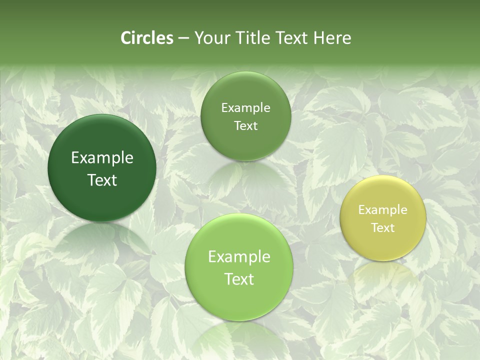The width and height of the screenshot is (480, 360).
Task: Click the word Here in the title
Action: click(x=332, y=38)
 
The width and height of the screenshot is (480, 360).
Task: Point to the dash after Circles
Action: click(x=183, y=38)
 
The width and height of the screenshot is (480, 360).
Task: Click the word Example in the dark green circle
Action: click(x=102, y=158)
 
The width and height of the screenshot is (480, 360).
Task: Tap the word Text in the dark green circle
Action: click(x=102, y=180)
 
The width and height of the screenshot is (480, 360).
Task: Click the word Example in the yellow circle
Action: click(x=383, y=210)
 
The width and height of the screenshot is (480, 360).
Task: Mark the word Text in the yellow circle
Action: click(x=383, y=228)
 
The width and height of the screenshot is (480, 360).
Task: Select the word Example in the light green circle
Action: click(x=239, y=257)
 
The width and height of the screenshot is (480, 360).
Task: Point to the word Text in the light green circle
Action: click(x=239, y=279)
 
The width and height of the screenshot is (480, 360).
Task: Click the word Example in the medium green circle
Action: click(x=245, y=108)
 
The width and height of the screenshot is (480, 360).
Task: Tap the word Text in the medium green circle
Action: click(x=245, y=126)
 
